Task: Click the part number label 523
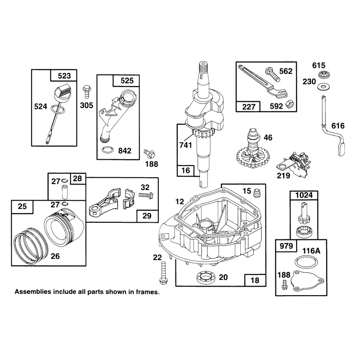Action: point(64,76)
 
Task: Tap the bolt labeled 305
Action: point(87,92)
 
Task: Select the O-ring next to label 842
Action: point(108,150)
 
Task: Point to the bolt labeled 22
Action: point(163,273)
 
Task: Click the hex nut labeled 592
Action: point(289,104)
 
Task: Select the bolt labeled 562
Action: point(273,74)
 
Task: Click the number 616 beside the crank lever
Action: point(338,126)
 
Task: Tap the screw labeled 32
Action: point(146,195)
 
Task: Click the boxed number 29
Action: point(147,216)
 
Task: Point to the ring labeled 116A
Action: point(306,262)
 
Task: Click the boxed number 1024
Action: point(304,195)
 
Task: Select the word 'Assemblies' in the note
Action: point(33,292)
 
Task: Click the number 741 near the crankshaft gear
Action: point(185,145)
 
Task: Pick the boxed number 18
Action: point(255,280)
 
